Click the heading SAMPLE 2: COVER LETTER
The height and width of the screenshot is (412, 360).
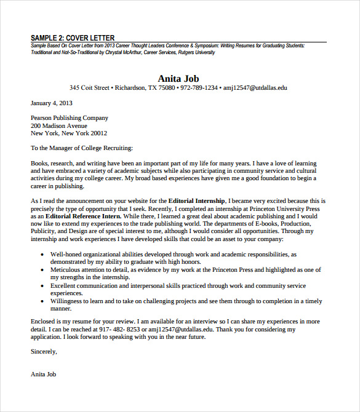[x=72, y=38]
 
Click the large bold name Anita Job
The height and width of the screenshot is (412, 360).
[x=178, y=78]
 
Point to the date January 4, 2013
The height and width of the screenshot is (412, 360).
[x=52, y=103]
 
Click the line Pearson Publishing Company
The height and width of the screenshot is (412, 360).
[x=70, y=117]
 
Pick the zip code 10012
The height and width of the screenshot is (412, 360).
[x=98, y=133]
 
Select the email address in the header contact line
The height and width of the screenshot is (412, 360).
[x=255, y=88]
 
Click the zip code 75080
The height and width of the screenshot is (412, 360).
[x=166, y=88]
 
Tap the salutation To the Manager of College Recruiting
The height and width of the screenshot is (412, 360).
[x=82, y=148]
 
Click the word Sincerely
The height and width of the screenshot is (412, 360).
[x=43, y=351]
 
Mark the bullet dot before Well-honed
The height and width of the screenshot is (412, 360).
[x=41, y=254]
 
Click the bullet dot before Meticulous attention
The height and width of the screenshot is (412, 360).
[x=41, y=269]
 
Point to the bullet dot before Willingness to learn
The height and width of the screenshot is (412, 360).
[x=41, y=301]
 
